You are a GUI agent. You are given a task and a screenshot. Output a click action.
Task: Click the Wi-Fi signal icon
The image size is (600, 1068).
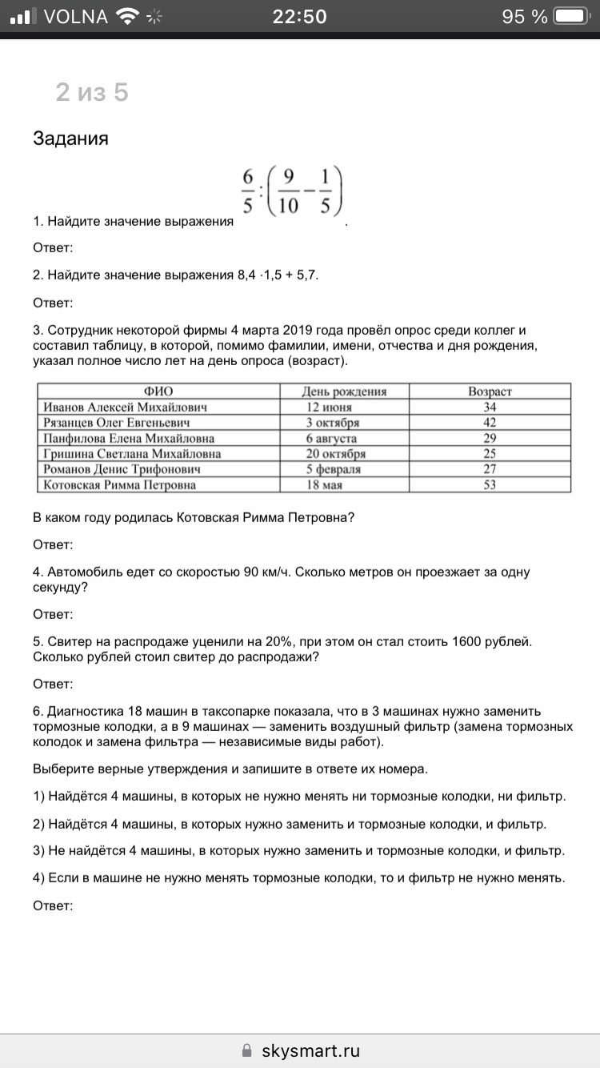pyautogui.click(x=127, y=16)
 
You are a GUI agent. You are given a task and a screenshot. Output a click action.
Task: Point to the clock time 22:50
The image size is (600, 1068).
pyautogui.click(x=299, y=16)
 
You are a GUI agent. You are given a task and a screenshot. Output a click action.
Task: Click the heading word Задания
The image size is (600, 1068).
pyautogui.click(x=70, y=139)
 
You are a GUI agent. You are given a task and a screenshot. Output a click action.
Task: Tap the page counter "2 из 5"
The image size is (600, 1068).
pyautogui.click(x=92, y=93)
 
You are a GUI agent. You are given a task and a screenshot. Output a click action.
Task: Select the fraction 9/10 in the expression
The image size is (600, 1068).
pyautogui.click(x=288, y=191)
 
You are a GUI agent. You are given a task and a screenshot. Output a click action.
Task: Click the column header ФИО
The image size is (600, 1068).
pyautogui.click(x=158, y=391)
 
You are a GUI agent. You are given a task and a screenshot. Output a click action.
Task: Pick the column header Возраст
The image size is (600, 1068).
pyautogui.click(x=490, y=391)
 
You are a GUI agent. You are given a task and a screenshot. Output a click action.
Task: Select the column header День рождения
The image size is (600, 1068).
pyautogui.click(x=344, y=391)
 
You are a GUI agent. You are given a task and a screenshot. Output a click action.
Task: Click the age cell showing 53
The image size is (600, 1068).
pyautogui.click(x=490, y=485)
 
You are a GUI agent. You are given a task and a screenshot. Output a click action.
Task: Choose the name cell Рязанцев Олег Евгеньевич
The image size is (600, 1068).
pyautogui.click(x=117, y=423)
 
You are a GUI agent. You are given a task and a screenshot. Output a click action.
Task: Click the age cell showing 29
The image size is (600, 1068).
pyautogui.click(x=490, y=438)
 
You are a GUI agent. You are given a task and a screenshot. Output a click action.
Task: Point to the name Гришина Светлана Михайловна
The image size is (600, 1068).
pyautogui.click(x=132, y=454)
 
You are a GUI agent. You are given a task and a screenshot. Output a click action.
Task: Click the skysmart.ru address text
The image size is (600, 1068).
pyautogui.click(x=310, y=1050)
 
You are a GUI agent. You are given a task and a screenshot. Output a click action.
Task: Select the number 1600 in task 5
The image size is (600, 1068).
pyautogui.click(x=469, y=641)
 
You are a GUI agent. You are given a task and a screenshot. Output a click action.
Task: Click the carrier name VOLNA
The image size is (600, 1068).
pyautogui.click(x=76, y=16)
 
